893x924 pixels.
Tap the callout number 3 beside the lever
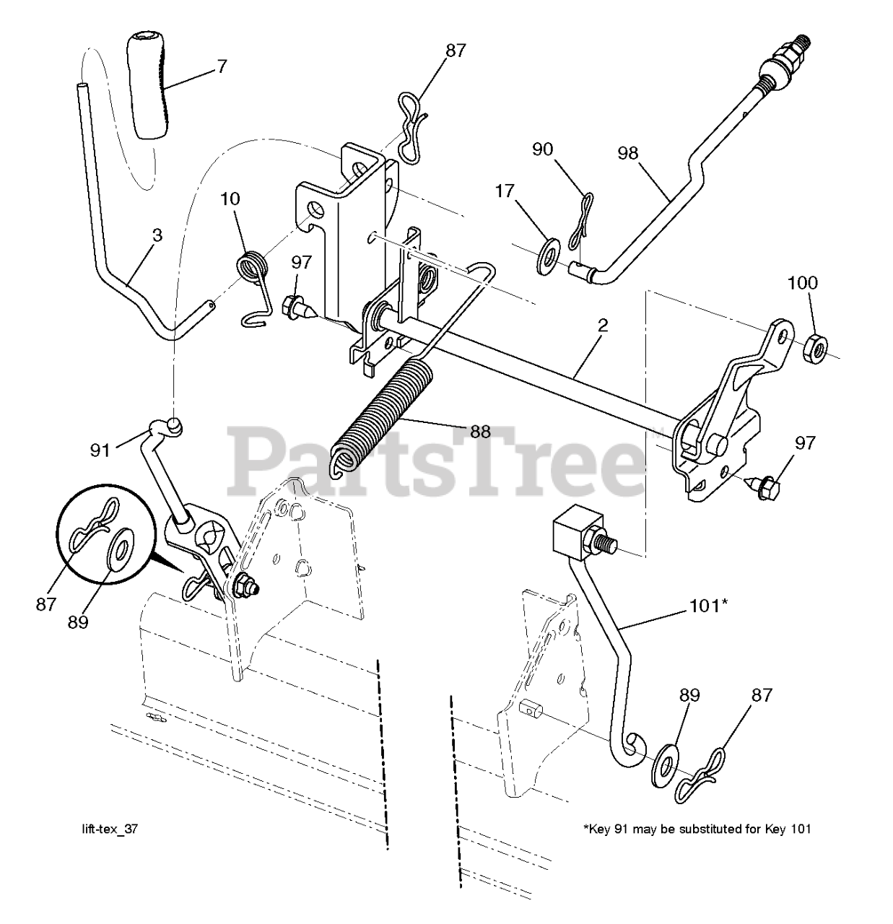[x=157, y=235]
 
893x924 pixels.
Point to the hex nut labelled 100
[x=815, y=346]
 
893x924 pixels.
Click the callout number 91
[x=100, y=450]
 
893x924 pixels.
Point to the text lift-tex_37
[x=109, y=829]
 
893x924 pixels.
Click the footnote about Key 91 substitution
[x=696, y=829]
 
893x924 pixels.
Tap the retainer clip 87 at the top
[x=406, y=129]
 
